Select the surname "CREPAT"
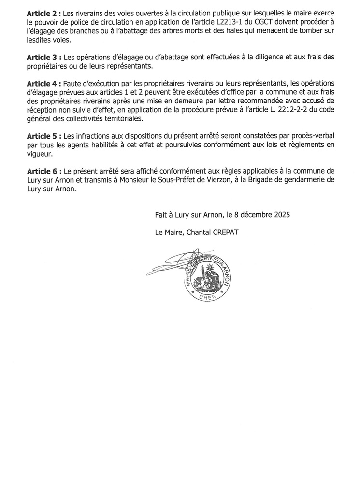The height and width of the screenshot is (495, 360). click(x=223, y=233)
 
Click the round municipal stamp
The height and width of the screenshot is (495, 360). click(x=207, y=277)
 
